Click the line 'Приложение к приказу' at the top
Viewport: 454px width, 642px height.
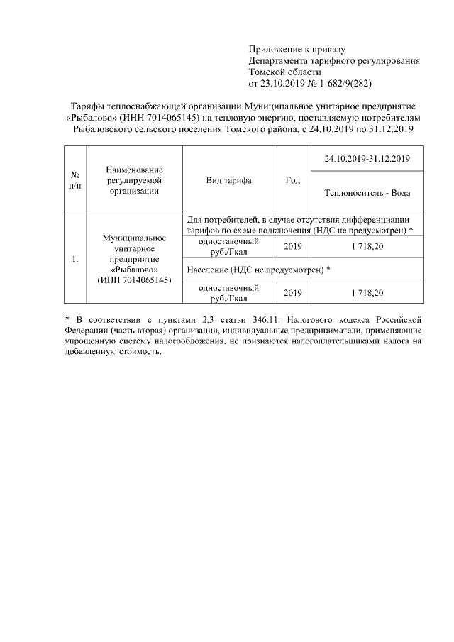(296, 49)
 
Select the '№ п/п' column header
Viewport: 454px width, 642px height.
(74, 180)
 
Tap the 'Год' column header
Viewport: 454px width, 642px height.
(292, 180)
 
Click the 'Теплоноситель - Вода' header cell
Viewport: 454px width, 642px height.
(367, 192)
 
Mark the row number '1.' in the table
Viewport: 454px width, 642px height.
(74, 258)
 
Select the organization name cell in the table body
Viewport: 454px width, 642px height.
(134, 258)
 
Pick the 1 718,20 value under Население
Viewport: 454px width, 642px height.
(367, 292)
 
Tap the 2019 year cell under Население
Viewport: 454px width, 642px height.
(292, 292)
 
